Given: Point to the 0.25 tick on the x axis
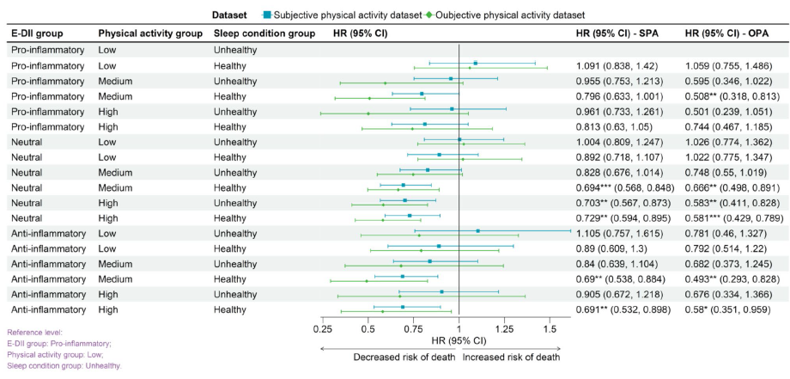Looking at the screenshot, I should (323, 327).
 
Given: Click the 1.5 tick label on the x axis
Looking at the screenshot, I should (550, 327).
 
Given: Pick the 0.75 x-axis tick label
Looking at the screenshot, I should (414, 327).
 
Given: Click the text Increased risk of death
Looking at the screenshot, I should (512, 357).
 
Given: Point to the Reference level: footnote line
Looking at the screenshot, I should (34, 332).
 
